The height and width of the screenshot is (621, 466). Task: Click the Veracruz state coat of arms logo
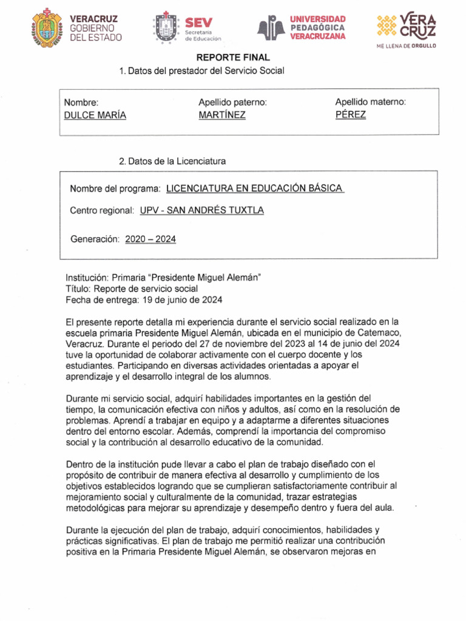coord(46,27)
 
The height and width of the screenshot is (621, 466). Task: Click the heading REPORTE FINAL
coord(225,58)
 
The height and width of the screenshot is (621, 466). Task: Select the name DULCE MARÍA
coord(95,115)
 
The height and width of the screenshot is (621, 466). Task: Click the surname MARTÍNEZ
coord(222,115)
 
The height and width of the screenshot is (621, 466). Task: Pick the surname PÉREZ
coord(351,115)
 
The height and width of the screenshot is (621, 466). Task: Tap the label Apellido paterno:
coord(233,102)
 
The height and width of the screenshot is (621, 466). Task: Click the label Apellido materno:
coord(371,102)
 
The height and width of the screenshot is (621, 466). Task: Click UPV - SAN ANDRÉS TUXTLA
coord(202,210)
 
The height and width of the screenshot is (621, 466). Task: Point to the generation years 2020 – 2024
coord(150,240)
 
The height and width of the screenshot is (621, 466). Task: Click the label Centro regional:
coord(101,210)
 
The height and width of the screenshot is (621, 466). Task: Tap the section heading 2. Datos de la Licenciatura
coord(172,161)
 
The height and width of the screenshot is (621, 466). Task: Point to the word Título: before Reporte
coord(78,289)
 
